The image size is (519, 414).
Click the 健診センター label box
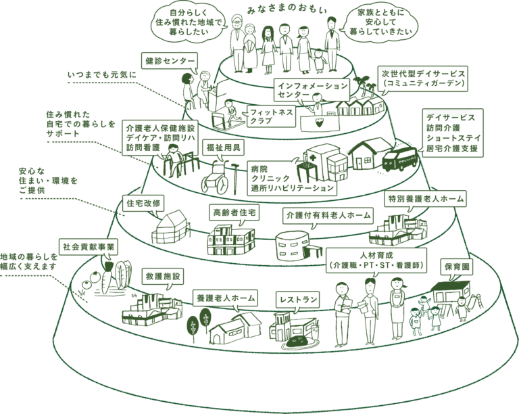170,62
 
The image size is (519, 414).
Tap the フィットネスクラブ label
272,116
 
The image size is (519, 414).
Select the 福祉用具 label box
224,147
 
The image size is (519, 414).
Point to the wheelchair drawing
215,178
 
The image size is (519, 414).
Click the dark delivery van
399,158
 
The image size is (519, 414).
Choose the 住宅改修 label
143,204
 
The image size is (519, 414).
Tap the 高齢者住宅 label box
234,212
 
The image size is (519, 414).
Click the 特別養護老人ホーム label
426,199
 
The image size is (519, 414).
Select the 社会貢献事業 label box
89,247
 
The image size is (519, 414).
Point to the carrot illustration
106,277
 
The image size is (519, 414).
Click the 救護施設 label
162,276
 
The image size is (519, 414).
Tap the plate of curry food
299,342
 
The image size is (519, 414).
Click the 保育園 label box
457,267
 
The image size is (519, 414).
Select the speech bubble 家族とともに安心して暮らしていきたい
380,22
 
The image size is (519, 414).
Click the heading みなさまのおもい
287,10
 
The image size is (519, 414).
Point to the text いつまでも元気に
102,75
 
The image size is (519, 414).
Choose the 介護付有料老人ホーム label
328,216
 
